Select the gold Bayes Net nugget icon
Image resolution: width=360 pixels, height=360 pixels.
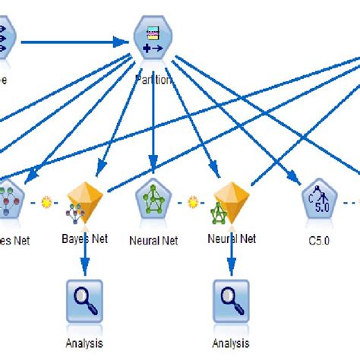(x=84, y=202)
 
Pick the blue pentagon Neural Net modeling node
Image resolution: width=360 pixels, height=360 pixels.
(x=154, y=202)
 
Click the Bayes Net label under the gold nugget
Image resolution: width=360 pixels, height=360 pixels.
(x=84, y=238)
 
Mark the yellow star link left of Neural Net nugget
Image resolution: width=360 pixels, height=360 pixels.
(x=194, y=203)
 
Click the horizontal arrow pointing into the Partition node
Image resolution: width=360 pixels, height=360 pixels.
(x=76, y=40)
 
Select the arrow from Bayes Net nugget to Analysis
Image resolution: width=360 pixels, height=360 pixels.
(x=84, y=254)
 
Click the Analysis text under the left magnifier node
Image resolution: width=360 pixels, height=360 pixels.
(x=84, y=343)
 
